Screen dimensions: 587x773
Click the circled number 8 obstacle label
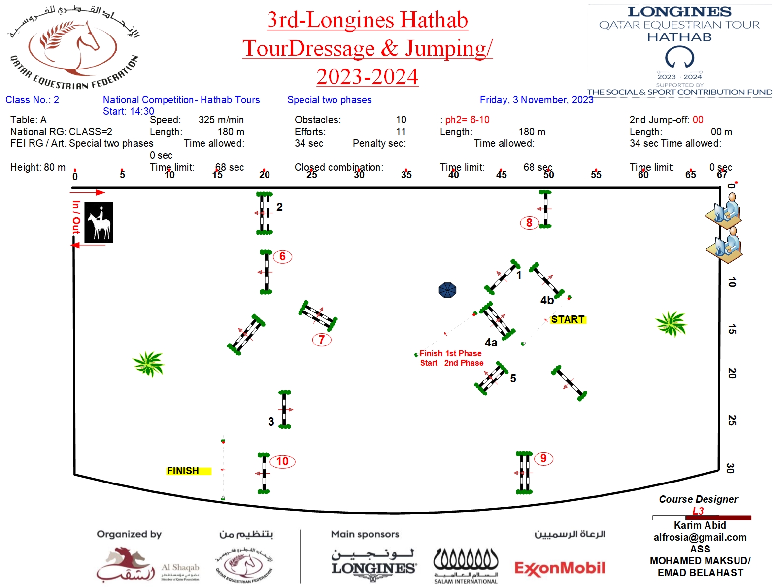(529, 223)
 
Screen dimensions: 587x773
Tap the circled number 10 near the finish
(282, 461)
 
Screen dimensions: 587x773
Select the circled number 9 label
(543, 459)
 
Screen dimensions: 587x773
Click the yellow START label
(568, 319)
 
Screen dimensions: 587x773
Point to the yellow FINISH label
(183, 471)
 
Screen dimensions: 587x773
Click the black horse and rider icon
(99, 222)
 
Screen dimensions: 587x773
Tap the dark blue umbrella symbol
(447, 290)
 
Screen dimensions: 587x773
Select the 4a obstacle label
(491, 343)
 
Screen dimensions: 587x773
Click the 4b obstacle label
(547, 300)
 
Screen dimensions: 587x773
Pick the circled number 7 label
(322, 340)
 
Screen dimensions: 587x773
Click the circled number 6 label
(282, 256)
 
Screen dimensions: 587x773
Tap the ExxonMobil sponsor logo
(560, 568)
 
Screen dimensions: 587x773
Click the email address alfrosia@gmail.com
(700, 537)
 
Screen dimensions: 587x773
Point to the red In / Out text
(76, 217)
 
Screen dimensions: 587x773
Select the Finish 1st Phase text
(450, 353)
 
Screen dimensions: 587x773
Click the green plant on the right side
(671, 324)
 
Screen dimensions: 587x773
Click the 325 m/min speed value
(221, 120)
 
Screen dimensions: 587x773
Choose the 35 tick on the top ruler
(406, 174)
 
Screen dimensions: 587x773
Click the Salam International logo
(466, 566)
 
